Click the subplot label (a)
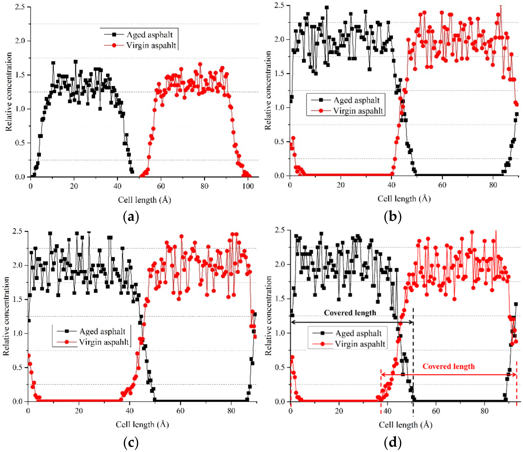(131, 217)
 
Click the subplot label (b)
(392, 217)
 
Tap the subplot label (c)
(131, 442)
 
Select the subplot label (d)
(392, 442)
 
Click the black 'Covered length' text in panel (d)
(350, 313)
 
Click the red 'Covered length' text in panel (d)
(448, 366)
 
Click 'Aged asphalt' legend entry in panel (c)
(102, 331)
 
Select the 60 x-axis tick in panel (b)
(442, 185)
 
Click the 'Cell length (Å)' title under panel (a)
(144, 200)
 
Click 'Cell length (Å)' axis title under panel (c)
(142, 424)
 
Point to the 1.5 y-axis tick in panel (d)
(280, 299)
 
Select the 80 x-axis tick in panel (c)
(231, 411)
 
